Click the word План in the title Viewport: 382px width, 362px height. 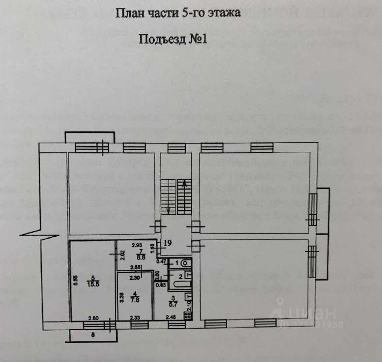click(127, 13)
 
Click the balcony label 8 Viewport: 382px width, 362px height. click(93, 335)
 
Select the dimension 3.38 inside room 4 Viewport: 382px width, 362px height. click(122, 297)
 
